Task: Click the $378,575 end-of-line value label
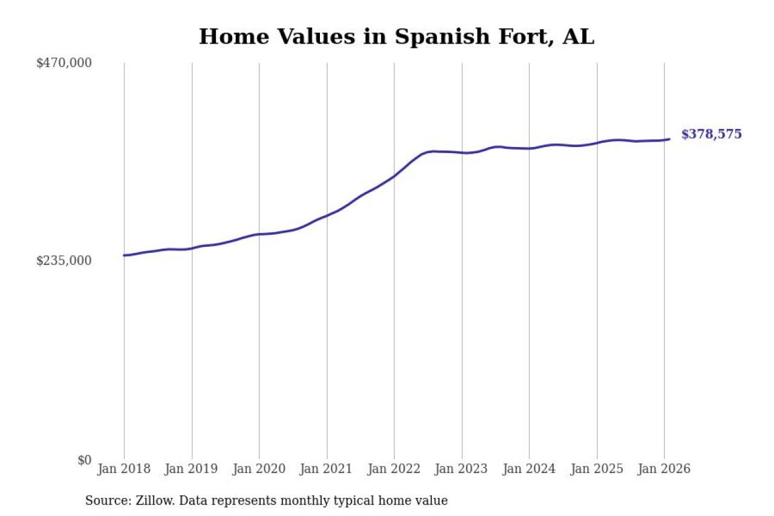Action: click(711, 134)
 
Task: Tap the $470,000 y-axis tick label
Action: click(64, 62)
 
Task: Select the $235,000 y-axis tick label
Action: click(64, 261)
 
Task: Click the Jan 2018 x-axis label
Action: click(124, 469)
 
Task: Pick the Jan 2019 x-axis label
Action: click(192, 469)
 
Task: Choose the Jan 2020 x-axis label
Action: click(259, 469)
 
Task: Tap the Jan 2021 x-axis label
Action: click(327, 469)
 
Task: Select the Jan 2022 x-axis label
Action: click(394, 469)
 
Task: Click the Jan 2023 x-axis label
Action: click(462, 469)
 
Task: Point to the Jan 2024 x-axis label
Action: click(530, 469)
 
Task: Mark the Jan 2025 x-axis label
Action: click(597, 469)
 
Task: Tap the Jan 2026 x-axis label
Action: click(665, 469)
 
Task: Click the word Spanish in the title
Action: click(431, 37)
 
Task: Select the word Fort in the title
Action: click(523, 37)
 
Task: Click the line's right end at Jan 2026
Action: click(669, 139)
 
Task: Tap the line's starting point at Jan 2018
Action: click(124, 255)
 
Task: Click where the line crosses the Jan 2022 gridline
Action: click(394, 176)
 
